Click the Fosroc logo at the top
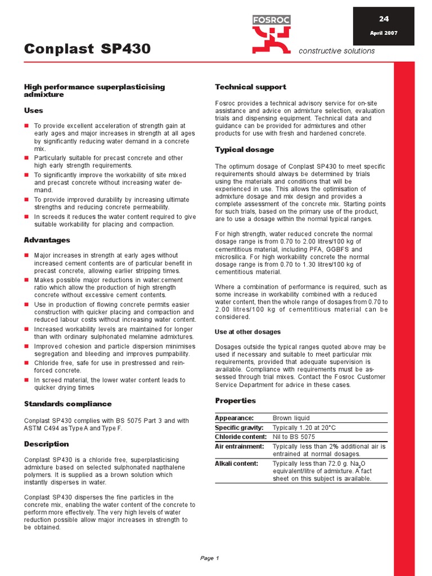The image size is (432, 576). (272, 33)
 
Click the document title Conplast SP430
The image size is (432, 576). (87, 49)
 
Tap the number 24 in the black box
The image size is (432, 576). (384, 18)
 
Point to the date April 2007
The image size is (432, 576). (384, 33)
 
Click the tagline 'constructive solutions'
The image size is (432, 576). (336, 51)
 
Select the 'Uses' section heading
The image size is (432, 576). (33, 110)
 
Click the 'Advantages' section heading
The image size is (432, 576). (47, 240)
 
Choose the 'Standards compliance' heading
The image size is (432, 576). (67, 404)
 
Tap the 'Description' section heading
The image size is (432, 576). (46, 444)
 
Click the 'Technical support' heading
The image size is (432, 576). (250, 87)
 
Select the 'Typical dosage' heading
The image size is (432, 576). (245, 150)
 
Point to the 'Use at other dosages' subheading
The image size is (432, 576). (247, 332)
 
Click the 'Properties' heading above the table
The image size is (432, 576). (235, 400)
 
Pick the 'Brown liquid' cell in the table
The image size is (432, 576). (291, 418)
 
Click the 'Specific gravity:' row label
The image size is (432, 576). (238, 427)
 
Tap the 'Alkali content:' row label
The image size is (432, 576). (236, 463)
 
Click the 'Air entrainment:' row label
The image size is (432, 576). (239, 446)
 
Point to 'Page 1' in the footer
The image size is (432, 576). (209, 558)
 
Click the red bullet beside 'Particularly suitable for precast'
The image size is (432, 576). (26, 158)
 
